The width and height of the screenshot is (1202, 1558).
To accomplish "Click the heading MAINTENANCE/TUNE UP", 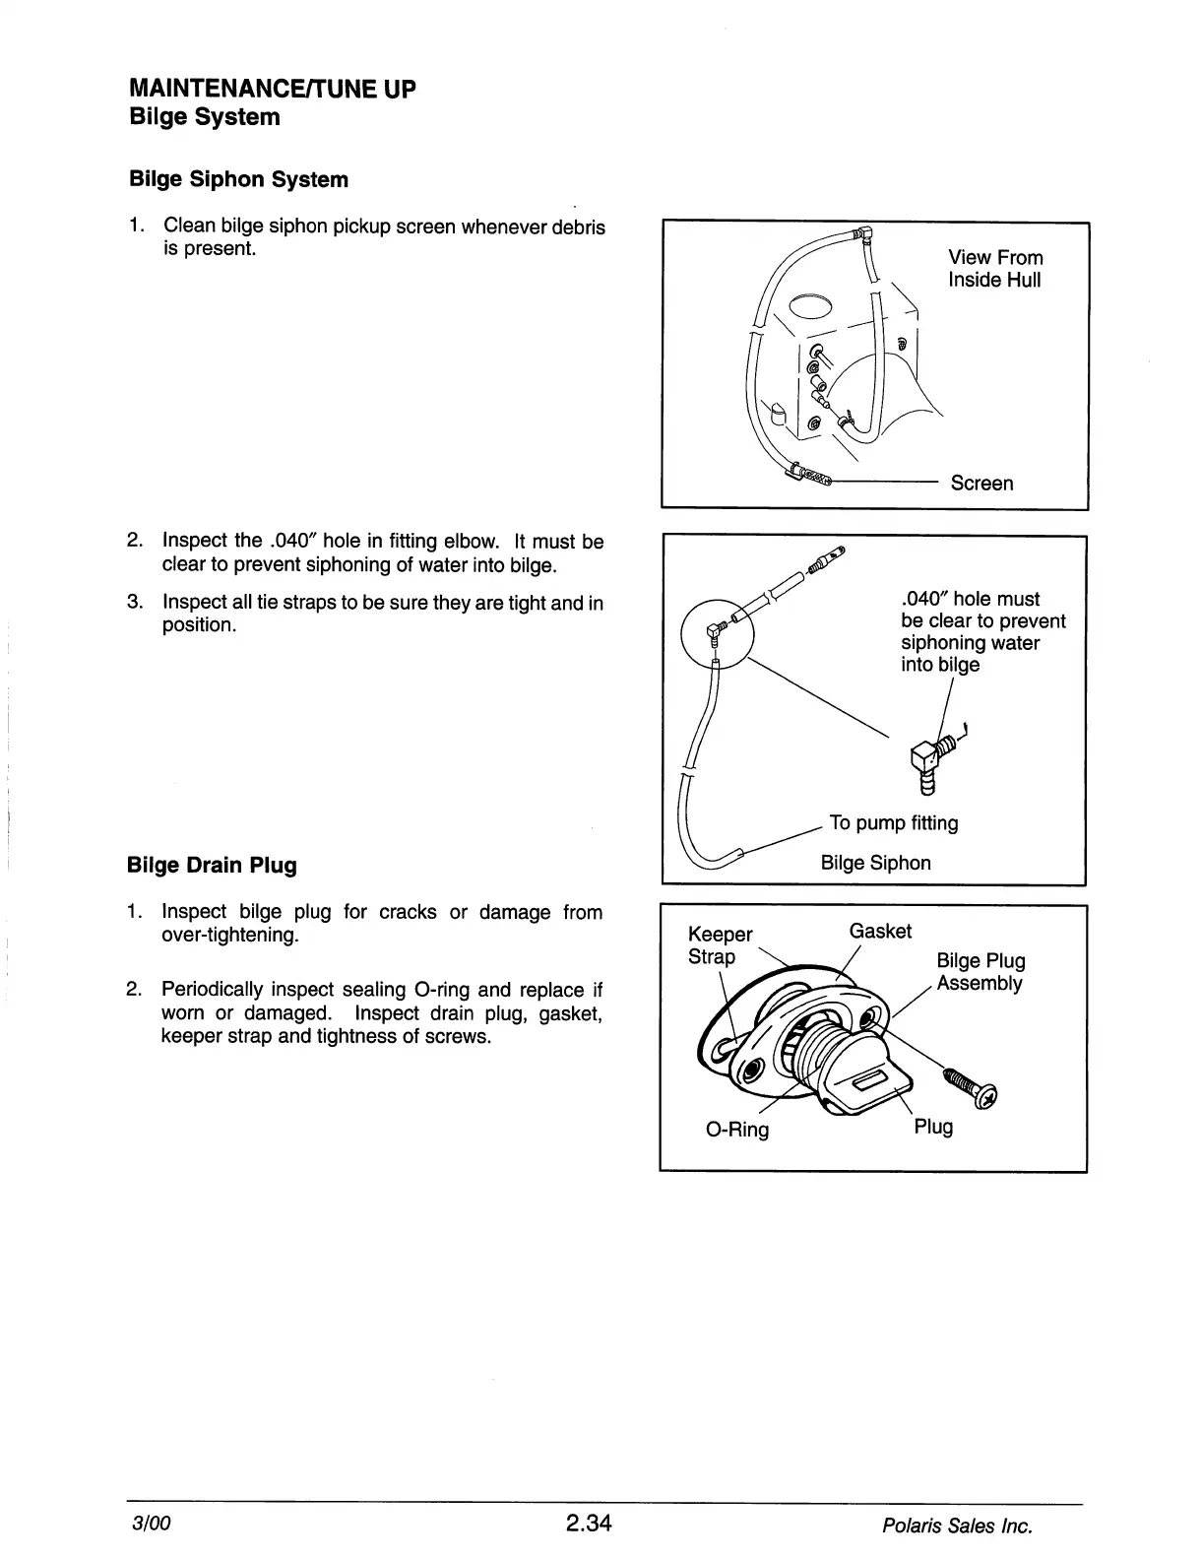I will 273,89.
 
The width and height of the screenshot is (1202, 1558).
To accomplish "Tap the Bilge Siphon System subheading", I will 238,179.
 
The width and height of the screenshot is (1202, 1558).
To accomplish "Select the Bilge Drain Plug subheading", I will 212,866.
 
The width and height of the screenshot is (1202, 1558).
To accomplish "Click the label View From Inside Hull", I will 994,269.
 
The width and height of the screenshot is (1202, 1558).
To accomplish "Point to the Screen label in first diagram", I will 981,484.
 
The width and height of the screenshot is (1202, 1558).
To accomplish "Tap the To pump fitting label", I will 893,823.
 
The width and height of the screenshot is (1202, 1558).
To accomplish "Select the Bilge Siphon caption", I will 875,864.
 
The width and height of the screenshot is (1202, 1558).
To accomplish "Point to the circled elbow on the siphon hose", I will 717,631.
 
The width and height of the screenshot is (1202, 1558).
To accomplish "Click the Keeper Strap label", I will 719,945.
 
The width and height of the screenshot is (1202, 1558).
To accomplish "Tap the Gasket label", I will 880,932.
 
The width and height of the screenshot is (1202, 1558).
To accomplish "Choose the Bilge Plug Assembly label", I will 980,972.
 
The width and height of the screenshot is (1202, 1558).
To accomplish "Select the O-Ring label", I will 737,1130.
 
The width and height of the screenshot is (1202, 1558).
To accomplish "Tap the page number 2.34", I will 589,1524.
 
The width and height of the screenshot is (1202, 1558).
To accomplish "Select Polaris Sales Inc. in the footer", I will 957,1526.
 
